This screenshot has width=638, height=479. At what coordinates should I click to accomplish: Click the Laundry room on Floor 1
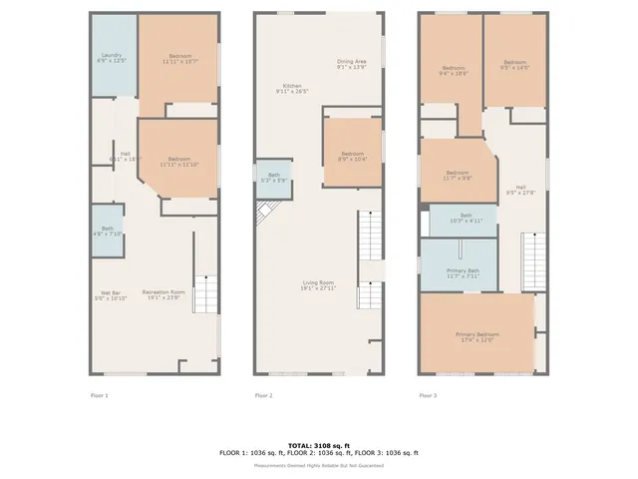(114, 57)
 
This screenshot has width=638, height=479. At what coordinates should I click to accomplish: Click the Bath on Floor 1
(107, 231)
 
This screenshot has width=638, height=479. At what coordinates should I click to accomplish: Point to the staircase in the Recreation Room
(204, 295)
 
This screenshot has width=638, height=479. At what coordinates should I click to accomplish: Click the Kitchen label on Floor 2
(292, 88)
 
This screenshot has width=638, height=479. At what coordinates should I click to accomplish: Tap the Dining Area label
(354, 64)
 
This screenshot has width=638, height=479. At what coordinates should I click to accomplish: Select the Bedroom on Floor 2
(352, 154)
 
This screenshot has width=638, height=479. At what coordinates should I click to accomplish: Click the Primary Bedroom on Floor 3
(477, 336)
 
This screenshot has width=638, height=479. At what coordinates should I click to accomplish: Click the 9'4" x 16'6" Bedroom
(453, 70)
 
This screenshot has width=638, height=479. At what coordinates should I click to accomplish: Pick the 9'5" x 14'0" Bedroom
(514, 64)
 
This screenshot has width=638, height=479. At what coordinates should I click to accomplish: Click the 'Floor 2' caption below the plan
(263, 396)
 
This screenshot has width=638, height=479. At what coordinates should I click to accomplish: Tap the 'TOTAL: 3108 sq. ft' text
(319, 445)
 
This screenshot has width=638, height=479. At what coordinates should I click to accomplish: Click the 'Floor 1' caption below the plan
(100, 396)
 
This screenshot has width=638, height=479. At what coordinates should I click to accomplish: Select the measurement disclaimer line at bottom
(319, 465)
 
